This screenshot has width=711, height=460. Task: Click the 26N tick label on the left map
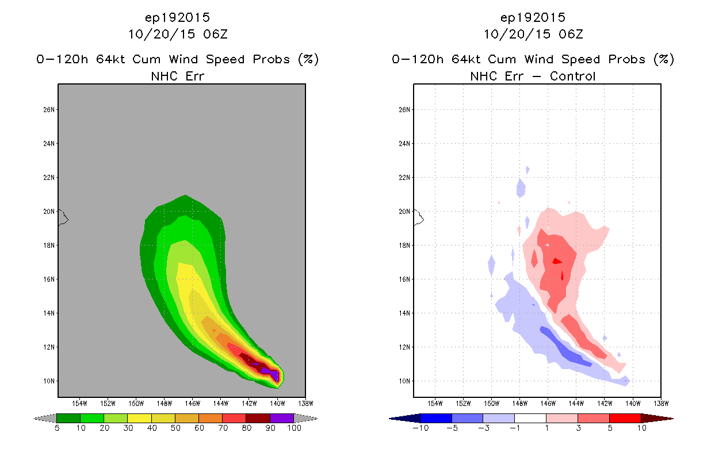49,110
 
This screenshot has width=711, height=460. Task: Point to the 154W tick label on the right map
435,404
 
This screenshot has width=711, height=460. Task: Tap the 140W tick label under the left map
277,404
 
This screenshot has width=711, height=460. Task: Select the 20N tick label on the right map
404,212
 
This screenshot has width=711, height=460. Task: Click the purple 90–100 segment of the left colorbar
282,418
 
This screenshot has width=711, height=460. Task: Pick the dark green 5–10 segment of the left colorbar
68,418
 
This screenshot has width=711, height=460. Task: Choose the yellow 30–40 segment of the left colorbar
140,418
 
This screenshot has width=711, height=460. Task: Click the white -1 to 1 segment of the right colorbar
530,418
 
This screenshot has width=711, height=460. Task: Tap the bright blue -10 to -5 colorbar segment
436,418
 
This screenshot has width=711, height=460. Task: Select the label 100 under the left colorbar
294,428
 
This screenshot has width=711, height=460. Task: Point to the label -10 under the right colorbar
421,428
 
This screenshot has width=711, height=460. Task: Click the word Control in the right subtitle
572,76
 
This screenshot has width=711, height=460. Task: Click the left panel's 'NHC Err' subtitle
177,76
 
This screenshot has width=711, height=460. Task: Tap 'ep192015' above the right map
533,17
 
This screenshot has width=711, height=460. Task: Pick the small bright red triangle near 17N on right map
557,261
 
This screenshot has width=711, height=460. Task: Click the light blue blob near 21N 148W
521,188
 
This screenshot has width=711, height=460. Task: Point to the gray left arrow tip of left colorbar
34,419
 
